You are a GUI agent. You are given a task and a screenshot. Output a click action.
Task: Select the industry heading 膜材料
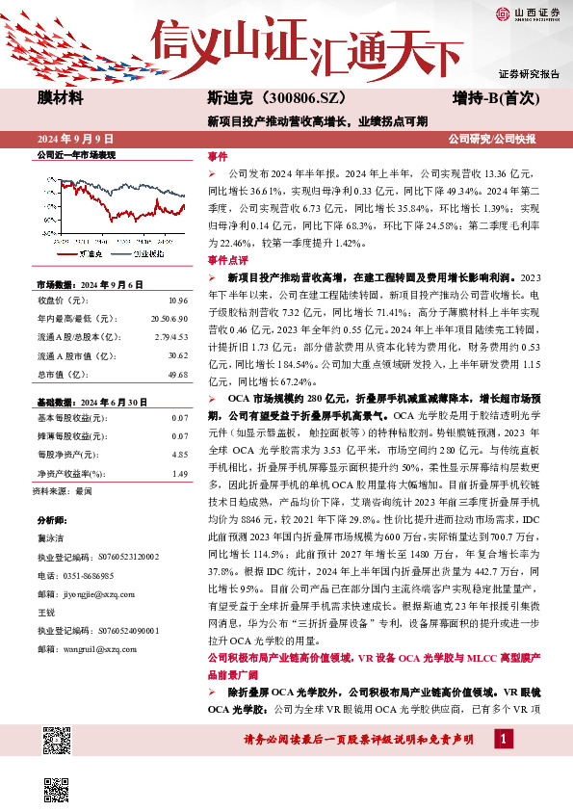(60, 98)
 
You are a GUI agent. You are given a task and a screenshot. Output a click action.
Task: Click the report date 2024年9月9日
(76, 140)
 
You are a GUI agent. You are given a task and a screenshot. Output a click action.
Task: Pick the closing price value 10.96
(177, 301)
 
